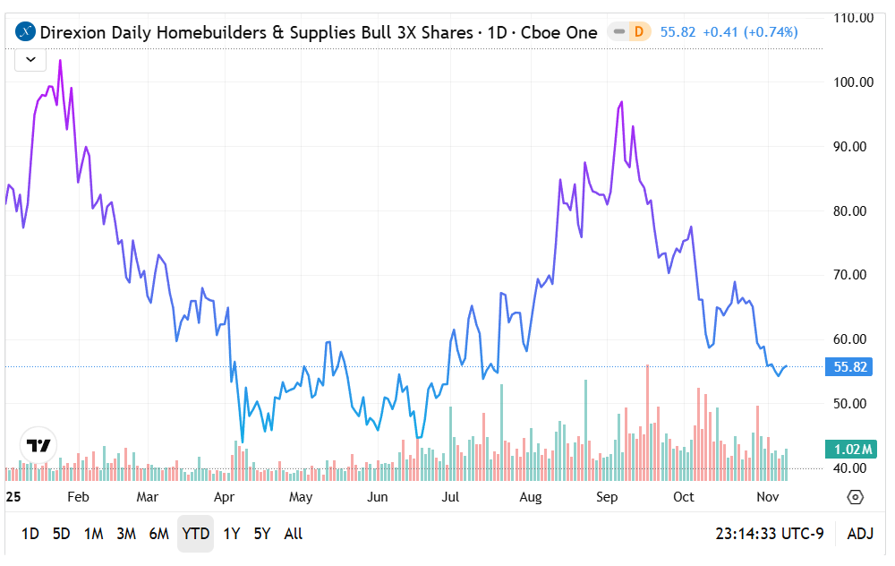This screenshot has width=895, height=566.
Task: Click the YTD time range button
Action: tap(195, 534)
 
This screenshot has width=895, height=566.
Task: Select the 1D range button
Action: tap(30, 534)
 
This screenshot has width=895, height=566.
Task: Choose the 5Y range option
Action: tap(261, 534)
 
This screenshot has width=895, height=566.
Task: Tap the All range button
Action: tap(293, 534)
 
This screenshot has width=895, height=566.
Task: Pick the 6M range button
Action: tap(158, 534)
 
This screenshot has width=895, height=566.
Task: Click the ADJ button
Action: tap(859, 534)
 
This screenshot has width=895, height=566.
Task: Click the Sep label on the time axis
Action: tap(608, 496)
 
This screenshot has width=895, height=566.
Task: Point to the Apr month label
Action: tap(225, 496)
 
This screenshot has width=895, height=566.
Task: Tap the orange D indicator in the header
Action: tap(638, 32)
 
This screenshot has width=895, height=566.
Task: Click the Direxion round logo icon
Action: tap(26, 32)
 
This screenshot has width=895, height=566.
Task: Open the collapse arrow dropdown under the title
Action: tap(30, 59)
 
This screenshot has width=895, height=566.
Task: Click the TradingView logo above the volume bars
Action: tap(38, 445)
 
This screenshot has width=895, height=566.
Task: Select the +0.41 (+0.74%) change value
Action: tap(750, 32)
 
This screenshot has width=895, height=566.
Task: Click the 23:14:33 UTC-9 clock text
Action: tap(769, 534)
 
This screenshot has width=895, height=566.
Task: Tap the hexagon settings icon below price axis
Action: tap(855, 497)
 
